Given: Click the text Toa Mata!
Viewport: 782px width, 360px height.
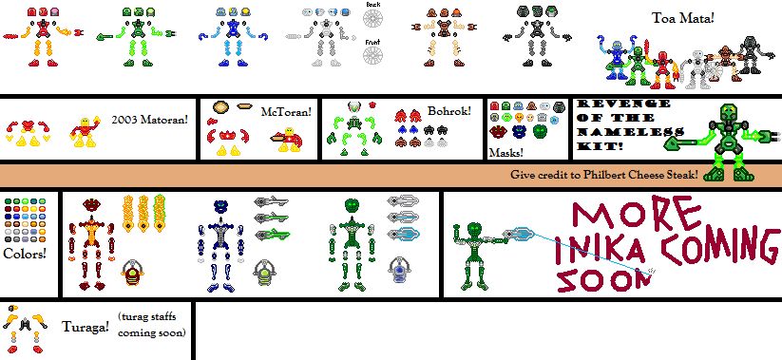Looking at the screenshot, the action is (x=682, y=18).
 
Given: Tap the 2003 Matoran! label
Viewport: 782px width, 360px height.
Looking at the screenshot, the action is (x=150, y=121).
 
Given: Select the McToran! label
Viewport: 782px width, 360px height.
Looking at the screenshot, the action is (x=286, y=112).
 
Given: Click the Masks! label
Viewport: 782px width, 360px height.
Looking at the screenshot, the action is (x=506, y=152).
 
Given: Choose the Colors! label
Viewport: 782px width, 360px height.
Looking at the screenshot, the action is (x=25, y=254).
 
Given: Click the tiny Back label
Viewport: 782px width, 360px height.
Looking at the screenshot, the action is (x=373, y=5).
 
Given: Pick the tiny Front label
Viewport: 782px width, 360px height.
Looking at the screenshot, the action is (x=373, y=42).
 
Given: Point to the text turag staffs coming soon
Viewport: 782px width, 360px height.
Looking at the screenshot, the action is (x=152, y=325).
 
